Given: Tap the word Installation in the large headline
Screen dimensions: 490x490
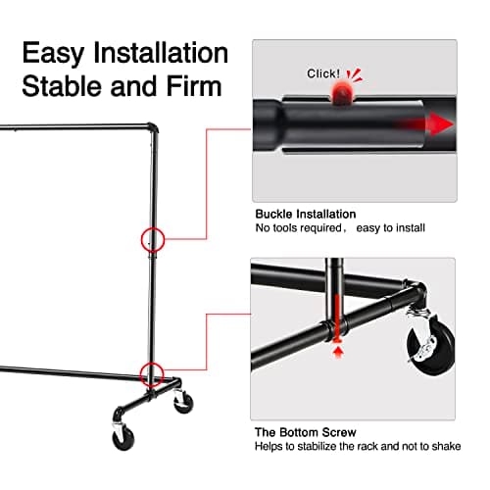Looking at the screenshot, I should point(162,52).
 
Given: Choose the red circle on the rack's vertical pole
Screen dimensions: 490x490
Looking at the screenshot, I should point(151,238).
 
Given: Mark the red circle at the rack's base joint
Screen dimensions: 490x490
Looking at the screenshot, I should point(151,372).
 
